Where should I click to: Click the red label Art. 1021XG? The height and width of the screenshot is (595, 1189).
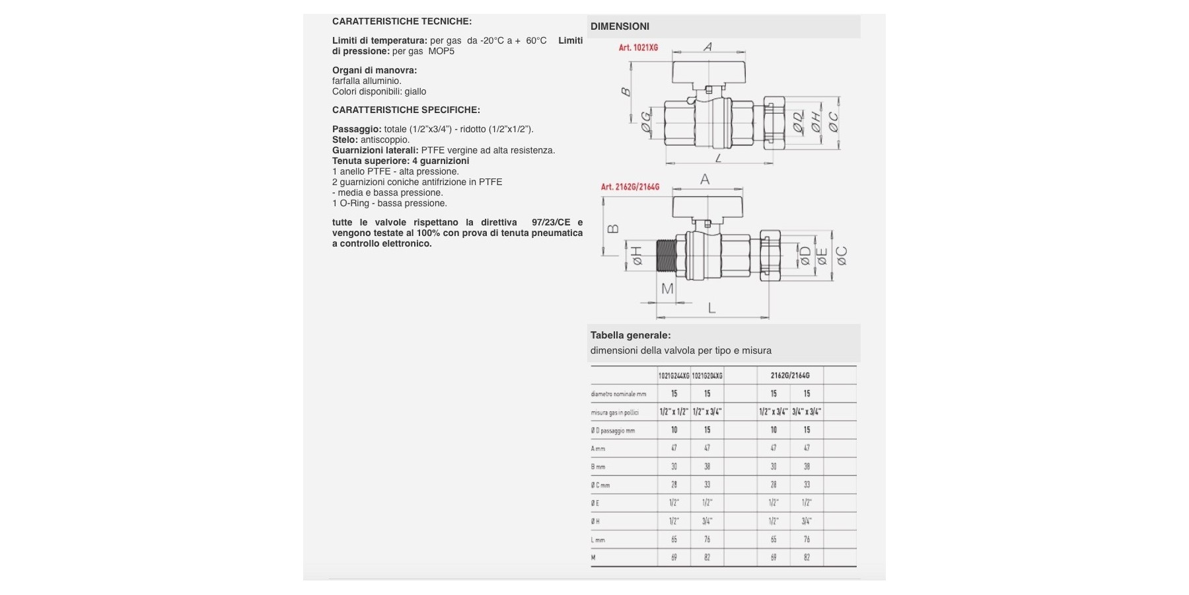638,48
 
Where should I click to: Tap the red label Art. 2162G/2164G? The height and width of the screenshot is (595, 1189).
630,187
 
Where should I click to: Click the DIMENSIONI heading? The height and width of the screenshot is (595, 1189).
620,26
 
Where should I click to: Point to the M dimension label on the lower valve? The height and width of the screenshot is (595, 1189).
667,289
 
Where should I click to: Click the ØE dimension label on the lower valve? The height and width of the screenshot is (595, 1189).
822,257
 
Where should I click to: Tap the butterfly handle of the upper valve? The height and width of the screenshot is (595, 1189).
707,71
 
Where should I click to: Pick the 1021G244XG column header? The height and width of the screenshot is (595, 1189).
674,376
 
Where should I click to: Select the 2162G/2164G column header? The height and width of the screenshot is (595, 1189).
789,376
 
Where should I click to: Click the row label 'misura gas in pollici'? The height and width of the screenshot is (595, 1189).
614,413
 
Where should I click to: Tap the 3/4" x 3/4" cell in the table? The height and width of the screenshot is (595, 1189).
807,412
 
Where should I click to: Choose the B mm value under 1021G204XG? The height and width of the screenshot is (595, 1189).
707,466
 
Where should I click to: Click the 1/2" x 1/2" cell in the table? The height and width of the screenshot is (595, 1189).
674,412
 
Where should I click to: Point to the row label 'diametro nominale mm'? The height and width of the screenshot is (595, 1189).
618,394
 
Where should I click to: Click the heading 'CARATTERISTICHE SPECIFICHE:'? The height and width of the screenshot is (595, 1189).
406,110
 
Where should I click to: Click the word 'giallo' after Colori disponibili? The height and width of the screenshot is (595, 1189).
415,91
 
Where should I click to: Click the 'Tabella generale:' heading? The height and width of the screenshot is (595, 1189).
630,335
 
